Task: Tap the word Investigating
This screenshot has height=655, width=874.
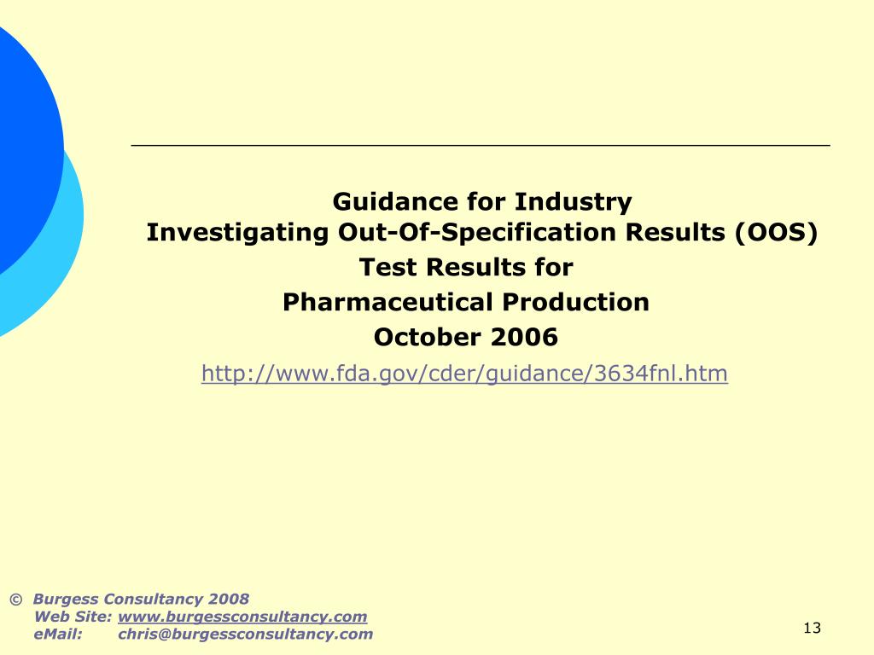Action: tap(237, 233)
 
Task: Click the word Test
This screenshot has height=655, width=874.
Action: tap(389, 268)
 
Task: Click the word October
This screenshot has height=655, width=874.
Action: tap(428, 338)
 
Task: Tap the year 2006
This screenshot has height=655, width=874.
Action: tap(524, 338)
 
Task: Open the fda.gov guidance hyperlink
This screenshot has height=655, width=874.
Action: tap(464, 374)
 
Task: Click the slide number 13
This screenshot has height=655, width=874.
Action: tap(812, 629)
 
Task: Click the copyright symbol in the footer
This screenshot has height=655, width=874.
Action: tap(15, 600)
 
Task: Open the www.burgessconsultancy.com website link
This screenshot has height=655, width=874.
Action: tap(242, 617)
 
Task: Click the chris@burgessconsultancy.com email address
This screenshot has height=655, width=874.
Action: tap(245, 635)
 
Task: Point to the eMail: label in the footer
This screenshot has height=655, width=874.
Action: tap(58, 635)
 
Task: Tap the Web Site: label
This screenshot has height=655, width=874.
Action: tap(73, 617)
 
